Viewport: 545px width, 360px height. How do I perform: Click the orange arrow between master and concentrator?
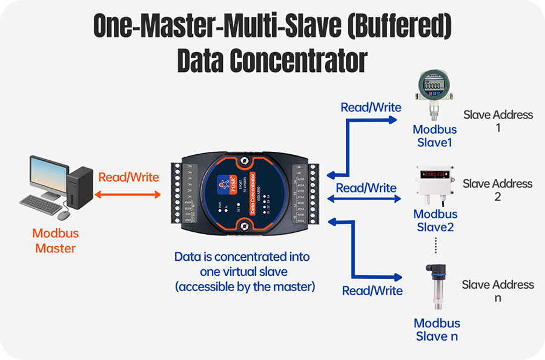pos(129,194)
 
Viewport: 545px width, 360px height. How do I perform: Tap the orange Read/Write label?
pos(128,177)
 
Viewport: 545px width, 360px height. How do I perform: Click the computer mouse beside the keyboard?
pos(64,214)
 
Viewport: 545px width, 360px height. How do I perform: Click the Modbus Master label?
pos(56,240)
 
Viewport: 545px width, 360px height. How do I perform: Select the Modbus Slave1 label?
pos(435,136)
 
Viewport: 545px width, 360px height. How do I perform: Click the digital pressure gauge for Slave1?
pos(434,91)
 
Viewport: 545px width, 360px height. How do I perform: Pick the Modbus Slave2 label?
pos(435,220)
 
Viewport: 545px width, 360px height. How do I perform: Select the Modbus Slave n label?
pos(437,330)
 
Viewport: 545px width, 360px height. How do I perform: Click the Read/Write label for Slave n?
pos(372,291)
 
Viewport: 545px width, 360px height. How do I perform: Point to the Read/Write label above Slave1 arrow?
pos(371,108)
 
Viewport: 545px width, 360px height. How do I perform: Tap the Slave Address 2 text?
pos(497,190)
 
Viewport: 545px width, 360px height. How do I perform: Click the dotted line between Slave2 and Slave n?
pos(435,244)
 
